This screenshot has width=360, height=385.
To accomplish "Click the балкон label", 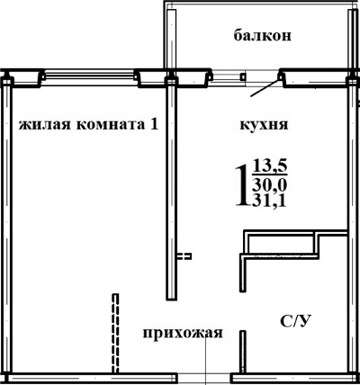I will (x=265, y=36).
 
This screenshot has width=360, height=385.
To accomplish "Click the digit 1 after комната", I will (x=154, y=124).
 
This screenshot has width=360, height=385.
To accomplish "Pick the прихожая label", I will (x=182, y=334).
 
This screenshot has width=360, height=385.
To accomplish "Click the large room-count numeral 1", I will (x=241, y=185).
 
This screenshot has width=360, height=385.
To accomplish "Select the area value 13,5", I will (x=270, y=166).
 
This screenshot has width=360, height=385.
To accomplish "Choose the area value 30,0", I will (x=270, y=184).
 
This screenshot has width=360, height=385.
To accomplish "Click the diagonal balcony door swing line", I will (x=263, y=88).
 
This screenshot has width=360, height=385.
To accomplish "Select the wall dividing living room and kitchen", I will (x=169, y=189).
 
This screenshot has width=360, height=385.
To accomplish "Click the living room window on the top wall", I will (x=88, y=76).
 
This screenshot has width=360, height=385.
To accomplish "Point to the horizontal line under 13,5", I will (x=270, y=175).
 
